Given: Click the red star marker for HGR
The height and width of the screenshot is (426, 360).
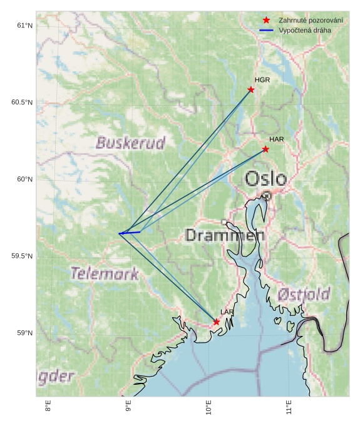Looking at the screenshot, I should [x=251, y=89].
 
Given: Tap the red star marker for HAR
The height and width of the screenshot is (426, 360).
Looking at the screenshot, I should [x=265, y=149].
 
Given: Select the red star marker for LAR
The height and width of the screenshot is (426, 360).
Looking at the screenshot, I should [x=216, y=322].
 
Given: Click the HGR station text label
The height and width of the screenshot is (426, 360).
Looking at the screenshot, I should [x=262, y=80].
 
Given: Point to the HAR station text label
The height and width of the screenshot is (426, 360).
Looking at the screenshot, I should [x=277, y=139].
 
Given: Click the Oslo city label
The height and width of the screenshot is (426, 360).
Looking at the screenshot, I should [x=265, y=179].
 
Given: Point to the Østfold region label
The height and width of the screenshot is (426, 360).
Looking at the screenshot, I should [x=304, y=294].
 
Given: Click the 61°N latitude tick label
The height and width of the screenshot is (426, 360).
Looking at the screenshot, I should [x=24, y=26].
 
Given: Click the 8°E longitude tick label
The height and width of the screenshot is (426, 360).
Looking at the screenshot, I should [x=48, y=407].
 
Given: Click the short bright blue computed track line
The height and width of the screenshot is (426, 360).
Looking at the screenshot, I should [x=130, y=233].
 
